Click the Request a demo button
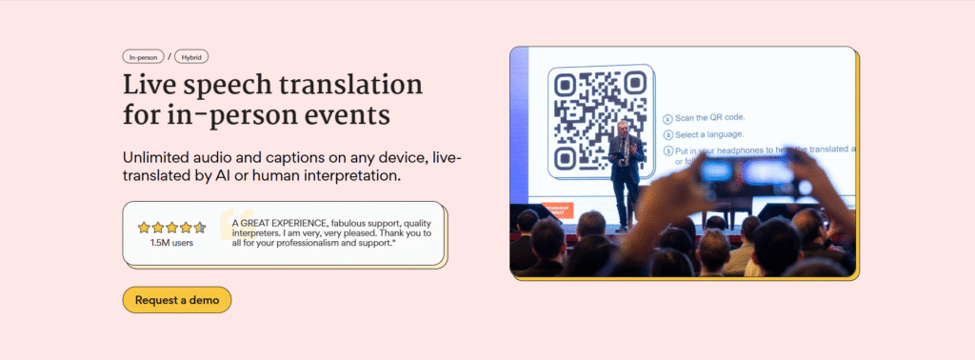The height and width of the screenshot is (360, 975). [177, 300]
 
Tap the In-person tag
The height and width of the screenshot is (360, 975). [144, 57]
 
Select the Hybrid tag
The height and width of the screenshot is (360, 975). [191, 57]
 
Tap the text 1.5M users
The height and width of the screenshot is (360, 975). [171, 243]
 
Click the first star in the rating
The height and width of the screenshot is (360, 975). [144, 228]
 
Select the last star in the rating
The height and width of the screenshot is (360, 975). [199, 228]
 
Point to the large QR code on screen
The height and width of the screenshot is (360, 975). [601, 119]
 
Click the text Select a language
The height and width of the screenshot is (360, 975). [709, 134]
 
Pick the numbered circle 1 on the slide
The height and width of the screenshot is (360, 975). [667, 118]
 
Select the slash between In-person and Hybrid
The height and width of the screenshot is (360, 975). [169, 57]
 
